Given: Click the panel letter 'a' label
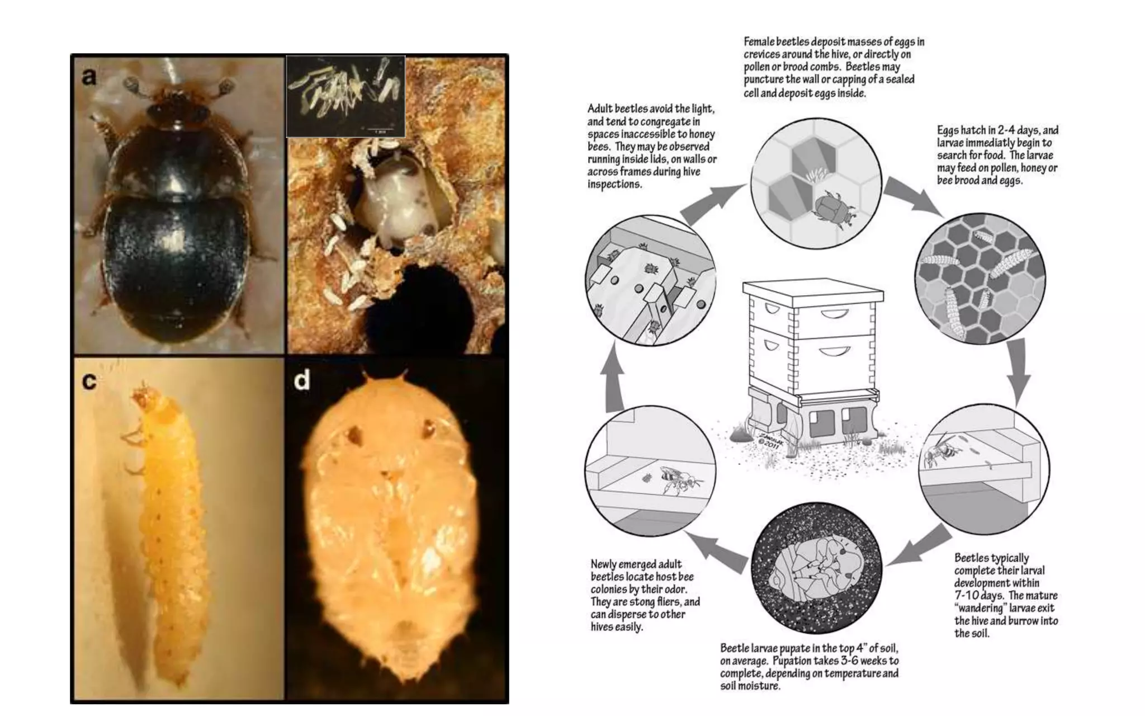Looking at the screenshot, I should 89,77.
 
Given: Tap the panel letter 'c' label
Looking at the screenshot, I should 89,381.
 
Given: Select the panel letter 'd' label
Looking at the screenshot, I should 302,380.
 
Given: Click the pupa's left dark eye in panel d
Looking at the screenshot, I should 354,432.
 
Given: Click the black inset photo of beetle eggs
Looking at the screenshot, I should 346,96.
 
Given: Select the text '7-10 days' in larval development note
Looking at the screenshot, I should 977,596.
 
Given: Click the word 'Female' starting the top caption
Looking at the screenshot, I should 759,42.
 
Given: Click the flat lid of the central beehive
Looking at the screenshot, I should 813,290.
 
